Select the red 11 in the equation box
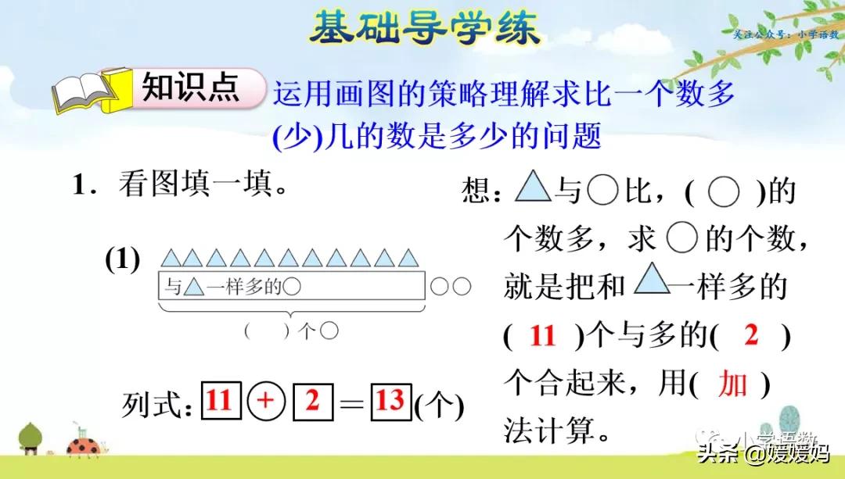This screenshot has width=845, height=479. click(220, 402)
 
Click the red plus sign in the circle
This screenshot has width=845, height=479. click(266, 402)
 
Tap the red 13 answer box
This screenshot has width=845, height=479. click(389, 402)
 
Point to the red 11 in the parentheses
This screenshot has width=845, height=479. click(542, 337)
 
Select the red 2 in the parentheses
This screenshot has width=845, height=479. click(751, 336)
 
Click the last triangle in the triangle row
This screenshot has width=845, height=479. click(407, 258)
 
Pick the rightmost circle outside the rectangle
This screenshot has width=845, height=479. click(462, 287)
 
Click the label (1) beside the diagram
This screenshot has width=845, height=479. click(122, 260)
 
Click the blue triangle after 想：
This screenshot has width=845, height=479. click(534, 188)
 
